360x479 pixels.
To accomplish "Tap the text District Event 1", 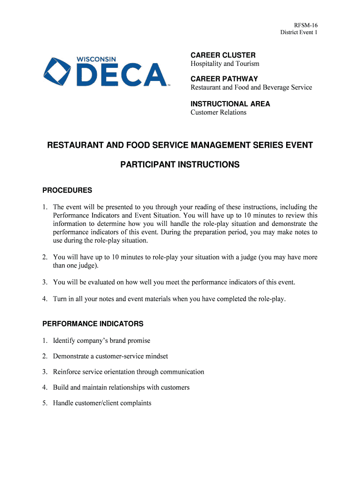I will coord(299,32).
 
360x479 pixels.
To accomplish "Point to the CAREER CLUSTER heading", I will coord(223,55).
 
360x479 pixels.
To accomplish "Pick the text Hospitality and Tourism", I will coord(224,64).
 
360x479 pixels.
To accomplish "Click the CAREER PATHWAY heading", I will coord(224,79).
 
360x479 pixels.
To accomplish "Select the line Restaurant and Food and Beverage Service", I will coord(251,87).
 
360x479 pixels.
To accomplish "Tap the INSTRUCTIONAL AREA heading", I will coord(230,104).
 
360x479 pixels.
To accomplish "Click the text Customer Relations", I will coord(218,112).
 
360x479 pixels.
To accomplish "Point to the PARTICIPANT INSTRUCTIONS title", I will coord(180,165).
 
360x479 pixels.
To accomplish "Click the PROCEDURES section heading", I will coord(67,190).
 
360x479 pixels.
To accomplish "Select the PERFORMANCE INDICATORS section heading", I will coord(93,324).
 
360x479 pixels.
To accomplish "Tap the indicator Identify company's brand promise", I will coord(101,341).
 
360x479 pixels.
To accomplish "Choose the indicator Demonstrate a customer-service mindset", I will coord(110,356).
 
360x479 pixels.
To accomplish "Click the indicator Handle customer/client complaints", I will coord(102,403).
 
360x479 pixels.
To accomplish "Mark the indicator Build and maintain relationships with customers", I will coord(121,387).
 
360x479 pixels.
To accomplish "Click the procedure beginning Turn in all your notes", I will coord(169,299).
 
